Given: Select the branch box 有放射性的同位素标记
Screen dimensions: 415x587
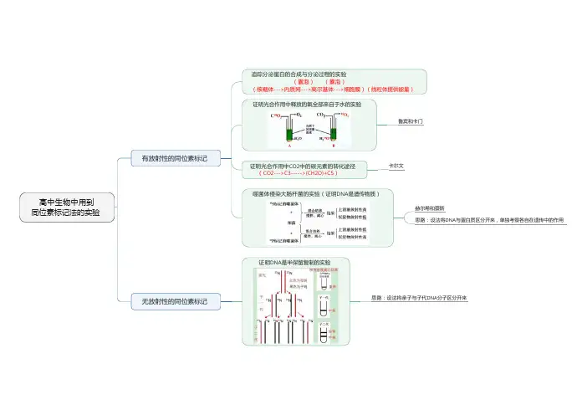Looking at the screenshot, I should [x=174, y=157].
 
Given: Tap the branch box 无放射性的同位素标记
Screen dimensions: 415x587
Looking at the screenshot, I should [x=174, y=300].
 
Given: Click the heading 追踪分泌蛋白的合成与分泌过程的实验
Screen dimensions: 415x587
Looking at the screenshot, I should [x=299, y=74].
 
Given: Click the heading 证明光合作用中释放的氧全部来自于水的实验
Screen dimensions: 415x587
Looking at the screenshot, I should [x=308, y=105].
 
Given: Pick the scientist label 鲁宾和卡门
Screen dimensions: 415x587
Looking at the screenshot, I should [x=411, y=122].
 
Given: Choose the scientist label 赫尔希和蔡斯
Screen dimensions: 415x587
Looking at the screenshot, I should [x=430, y=207].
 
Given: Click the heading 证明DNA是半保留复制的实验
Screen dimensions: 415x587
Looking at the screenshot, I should [x=294, y=263].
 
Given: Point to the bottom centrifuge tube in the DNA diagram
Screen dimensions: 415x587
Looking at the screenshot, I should [x=324, y=331].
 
